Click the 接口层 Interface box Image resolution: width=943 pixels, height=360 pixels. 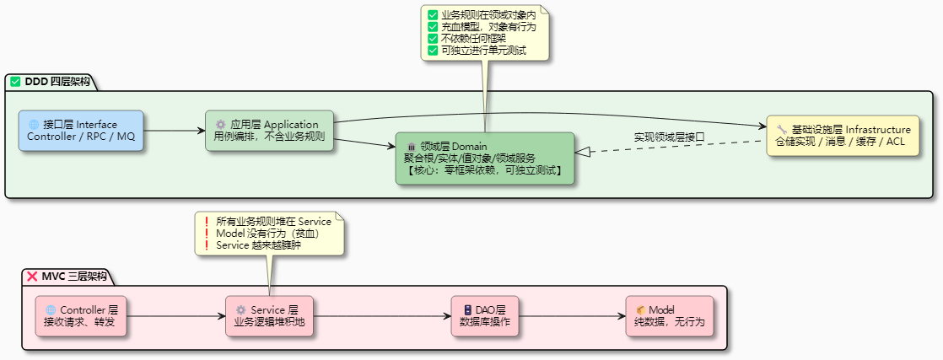point(81,131)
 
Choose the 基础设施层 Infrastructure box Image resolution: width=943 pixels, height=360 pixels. point(843,136)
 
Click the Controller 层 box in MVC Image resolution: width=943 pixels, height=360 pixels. point(81,316)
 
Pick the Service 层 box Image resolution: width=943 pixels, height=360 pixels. point(268,316)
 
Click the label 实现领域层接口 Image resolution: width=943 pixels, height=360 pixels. point(669,137)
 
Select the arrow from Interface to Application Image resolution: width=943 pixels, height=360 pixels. point(174,131)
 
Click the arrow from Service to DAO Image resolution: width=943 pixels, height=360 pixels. point(381,316)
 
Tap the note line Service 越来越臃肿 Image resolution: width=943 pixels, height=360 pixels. point(257,245)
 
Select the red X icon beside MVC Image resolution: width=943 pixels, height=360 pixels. point(32,277)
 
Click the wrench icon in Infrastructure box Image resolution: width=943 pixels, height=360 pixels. point(781,130)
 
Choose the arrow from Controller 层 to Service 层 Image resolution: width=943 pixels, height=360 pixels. point(175,316)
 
